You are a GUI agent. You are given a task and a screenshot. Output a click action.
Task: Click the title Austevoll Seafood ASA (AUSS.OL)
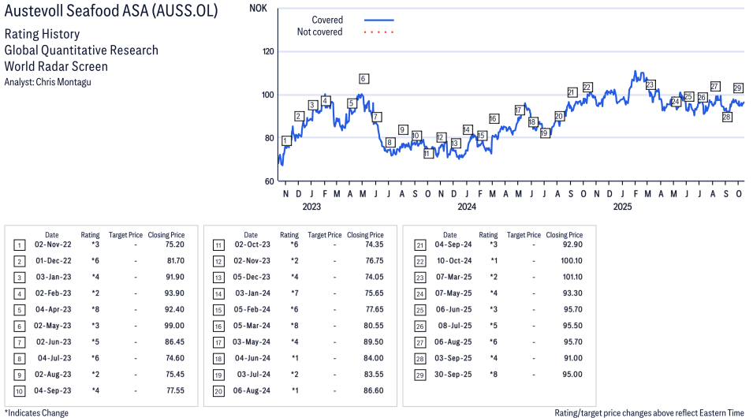point(122,12)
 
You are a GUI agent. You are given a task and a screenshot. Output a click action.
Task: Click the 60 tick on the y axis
point(270,181)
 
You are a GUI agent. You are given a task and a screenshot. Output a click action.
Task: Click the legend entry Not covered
point(319,32)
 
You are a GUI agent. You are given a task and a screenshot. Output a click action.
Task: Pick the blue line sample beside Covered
point(378,21)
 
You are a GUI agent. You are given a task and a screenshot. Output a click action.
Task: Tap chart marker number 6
point(363,79)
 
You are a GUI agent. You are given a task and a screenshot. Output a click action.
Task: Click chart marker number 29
point(738,88)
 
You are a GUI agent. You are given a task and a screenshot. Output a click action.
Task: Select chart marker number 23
point(650,84)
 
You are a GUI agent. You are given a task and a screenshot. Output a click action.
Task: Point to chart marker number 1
point(285,140)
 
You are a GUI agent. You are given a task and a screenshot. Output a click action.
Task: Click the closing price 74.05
point(369,277)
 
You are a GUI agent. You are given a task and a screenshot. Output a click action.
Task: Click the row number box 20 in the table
point(217,390)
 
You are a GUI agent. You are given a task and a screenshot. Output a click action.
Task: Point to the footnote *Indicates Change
point(36,412)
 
